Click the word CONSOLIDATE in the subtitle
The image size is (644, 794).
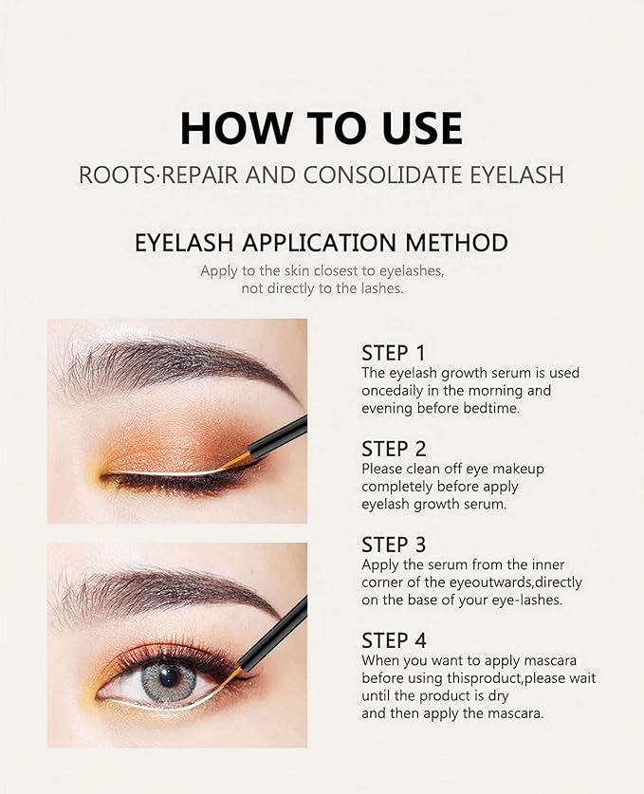click(377, 176)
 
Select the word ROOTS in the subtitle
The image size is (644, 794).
click(111, 176)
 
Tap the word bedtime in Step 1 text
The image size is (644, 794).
click(494, 408)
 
